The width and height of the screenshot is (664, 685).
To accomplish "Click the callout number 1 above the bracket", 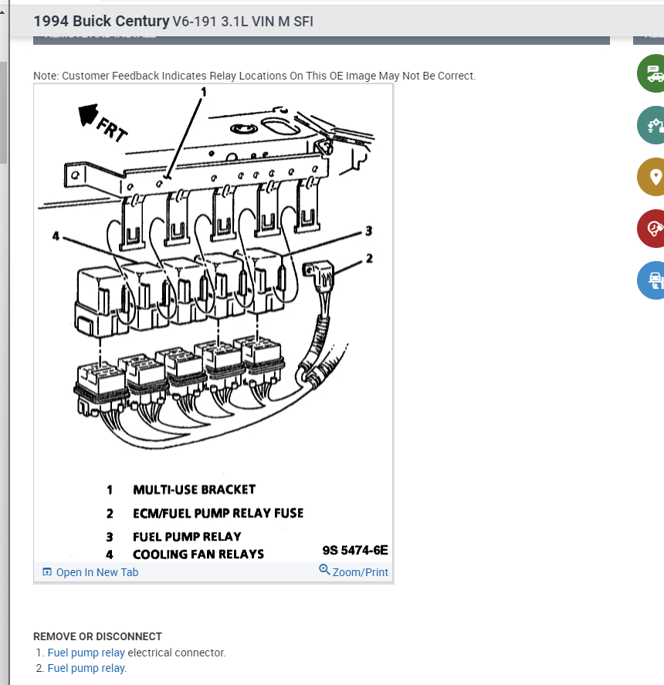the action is click(204, 92).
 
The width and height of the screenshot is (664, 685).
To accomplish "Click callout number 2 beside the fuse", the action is click(369, 258).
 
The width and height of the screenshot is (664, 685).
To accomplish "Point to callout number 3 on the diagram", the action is click(368, 231).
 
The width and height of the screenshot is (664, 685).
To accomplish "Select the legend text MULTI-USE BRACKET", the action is click(194, 490).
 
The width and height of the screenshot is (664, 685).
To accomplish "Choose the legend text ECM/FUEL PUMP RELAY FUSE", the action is click(218, 513).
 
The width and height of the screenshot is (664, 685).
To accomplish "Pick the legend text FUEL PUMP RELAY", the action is click(187, 536).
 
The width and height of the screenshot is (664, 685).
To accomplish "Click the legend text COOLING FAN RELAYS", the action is click(198, 554).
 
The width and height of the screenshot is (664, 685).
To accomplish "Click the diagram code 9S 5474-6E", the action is click(355, 550).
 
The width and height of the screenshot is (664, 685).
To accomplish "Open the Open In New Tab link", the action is click(91, 572).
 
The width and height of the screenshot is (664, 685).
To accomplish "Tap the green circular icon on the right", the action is click(653, 73).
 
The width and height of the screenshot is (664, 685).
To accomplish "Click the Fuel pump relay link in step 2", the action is click(86, 668).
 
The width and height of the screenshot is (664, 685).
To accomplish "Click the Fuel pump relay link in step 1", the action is click(86, 653).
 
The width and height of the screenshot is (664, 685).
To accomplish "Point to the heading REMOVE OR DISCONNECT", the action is click(97, 636).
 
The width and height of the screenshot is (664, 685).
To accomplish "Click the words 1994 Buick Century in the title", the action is click(101, 21).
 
